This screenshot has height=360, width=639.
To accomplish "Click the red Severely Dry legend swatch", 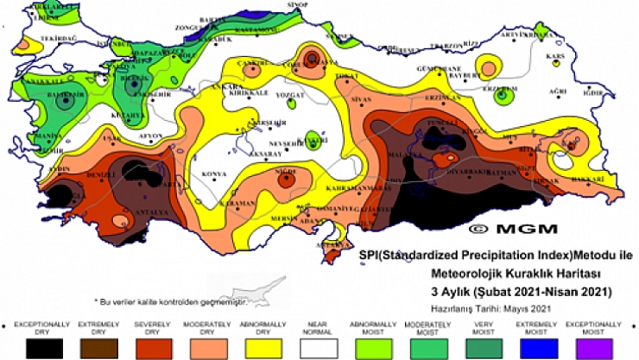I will click(149, 347).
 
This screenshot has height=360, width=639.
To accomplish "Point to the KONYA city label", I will click(213, 174).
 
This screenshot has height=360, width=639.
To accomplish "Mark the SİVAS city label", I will click(360, 99).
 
